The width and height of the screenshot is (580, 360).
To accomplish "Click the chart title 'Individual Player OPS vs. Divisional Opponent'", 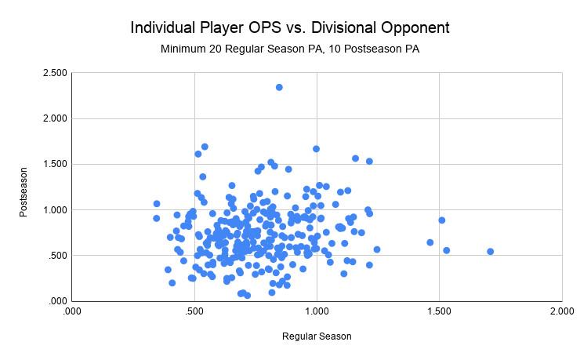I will pyautogui.click(x=290, y=27).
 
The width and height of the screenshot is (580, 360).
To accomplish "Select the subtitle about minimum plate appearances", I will pyautogui.click(x=290, y=49).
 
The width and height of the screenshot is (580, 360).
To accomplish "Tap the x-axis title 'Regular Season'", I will pyautogui.click(x=317, y=336).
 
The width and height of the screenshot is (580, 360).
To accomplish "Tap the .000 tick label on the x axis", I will pyautogui.click(x=71, y=311).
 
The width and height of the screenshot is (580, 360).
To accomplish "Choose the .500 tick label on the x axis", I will pyautogui.click(x=194, y=311).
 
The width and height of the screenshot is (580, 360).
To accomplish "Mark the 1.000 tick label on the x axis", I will pyautogui.click(x=317, y=311).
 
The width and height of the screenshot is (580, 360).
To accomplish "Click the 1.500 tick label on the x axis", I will pyautogui.click(x=439, y=311).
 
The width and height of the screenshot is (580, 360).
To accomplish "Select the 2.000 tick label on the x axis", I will pyautogui.click(x=562, y=311).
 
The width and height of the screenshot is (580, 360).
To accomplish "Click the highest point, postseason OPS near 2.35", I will pyautogui.click(x=279, y=87).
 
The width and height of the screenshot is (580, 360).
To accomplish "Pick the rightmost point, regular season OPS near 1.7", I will pyautogui.click(x=490, y=252).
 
